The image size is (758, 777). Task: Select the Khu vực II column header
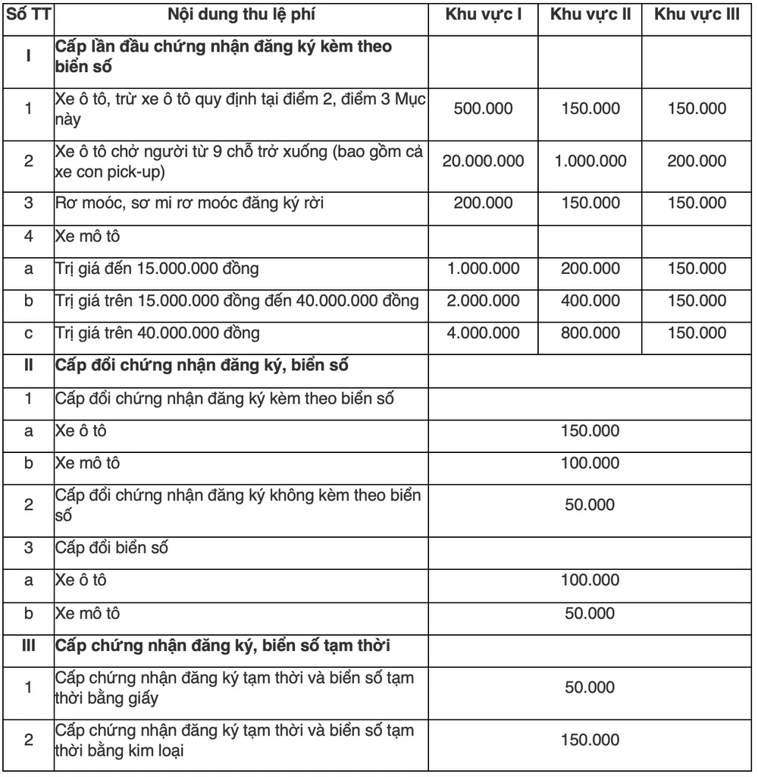pos(590,15)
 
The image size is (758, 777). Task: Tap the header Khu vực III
pos(697,15)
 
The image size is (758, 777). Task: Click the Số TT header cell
pos(29,15)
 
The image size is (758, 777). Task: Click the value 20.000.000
pos(483,161)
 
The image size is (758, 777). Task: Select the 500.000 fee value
pos(483,109)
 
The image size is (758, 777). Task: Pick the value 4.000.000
pos(483,332)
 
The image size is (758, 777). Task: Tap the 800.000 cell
pos(590,332)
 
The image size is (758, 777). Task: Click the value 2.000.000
pos(483,300)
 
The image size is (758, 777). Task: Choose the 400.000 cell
pos(590,300)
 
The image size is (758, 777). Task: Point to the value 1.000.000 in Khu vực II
pos(590,161)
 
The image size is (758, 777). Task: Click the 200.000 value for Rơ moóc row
pos(483,203)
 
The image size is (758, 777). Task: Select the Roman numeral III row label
pos(29,646)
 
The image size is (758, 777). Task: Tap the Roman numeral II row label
pos(29,365)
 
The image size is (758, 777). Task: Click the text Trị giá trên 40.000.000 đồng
pos(158,332)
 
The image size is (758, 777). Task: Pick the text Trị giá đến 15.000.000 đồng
pos(157,269)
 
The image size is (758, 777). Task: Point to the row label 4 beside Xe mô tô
pos(29,236)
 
